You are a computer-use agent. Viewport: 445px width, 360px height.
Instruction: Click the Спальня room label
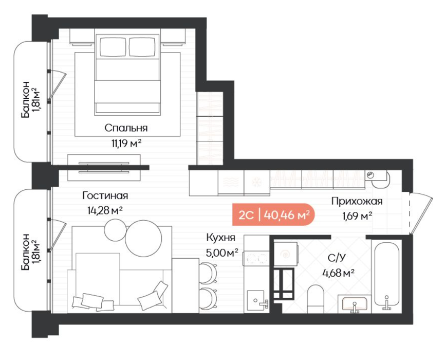(126, 129)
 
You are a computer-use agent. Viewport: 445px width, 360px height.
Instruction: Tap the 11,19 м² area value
(126, 143)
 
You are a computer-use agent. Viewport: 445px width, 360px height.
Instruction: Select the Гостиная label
(105, 195)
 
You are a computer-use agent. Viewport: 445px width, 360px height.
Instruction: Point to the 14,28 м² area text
(105, 210)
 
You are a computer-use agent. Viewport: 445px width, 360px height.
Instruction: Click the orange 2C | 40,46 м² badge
(273, 215)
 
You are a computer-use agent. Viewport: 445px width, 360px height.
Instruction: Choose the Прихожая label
(357, 201)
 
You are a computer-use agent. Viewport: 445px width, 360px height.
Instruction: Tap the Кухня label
(221, 237)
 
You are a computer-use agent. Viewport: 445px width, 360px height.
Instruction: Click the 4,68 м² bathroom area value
(338, 273)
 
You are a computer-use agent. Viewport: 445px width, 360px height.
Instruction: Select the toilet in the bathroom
(316, 299)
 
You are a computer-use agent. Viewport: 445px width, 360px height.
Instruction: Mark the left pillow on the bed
(113, 47)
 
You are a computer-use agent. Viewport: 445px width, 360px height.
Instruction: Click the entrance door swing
(421, 213)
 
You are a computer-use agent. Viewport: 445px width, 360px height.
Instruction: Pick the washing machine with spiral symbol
(286, 254)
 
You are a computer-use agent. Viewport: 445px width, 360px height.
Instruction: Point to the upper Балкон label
(29, 99)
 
